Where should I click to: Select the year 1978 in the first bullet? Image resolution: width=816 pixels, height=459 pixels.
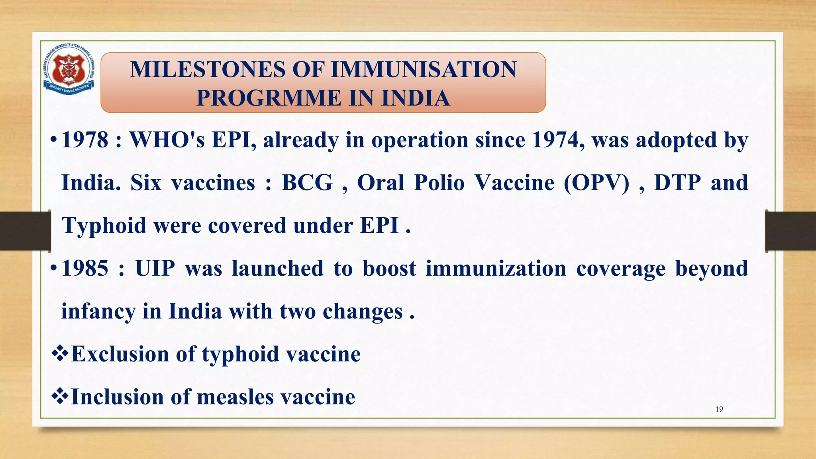pos(85,140)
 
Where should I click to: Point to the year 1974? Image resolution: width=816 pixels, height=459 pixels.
pos(558,140)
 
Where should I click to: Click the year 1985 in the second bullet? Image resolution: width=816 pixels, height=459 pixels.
pos(85,269)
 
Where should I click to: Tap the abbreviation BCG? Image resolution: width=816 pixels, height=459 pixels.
pos(307,183)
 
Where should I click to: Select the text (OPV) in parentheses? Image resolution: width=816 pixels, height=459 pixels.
pos(596,183)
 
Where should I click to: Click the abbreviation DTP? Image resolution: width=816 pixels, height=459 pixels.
pos(677,183)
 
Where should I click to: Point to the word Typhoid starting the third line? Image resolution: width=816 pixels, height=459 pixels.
pos(104,226)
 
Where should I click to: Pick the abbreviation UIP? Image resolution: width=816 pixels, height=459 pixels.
pos(155,269)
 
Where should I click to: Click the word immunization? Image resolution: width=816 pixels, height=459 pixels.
pos(496,269)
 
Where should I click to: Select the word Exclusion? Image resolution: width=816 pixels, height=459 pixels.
pos(120,354)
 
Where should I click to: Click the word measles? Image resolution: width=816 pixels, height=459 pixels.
pos(235,397)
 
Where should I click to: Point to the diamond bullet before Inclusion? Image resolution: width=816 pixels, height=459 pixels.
pos(60,397)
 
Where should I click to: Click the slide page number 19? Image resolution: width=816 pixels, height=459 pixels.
pos(719,409)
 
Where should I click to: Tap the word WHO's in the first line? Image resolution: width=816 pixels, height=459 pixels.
pos(167,140)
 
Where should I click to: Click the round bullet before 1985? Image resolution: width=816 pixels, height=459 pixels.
pos(54,269)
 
